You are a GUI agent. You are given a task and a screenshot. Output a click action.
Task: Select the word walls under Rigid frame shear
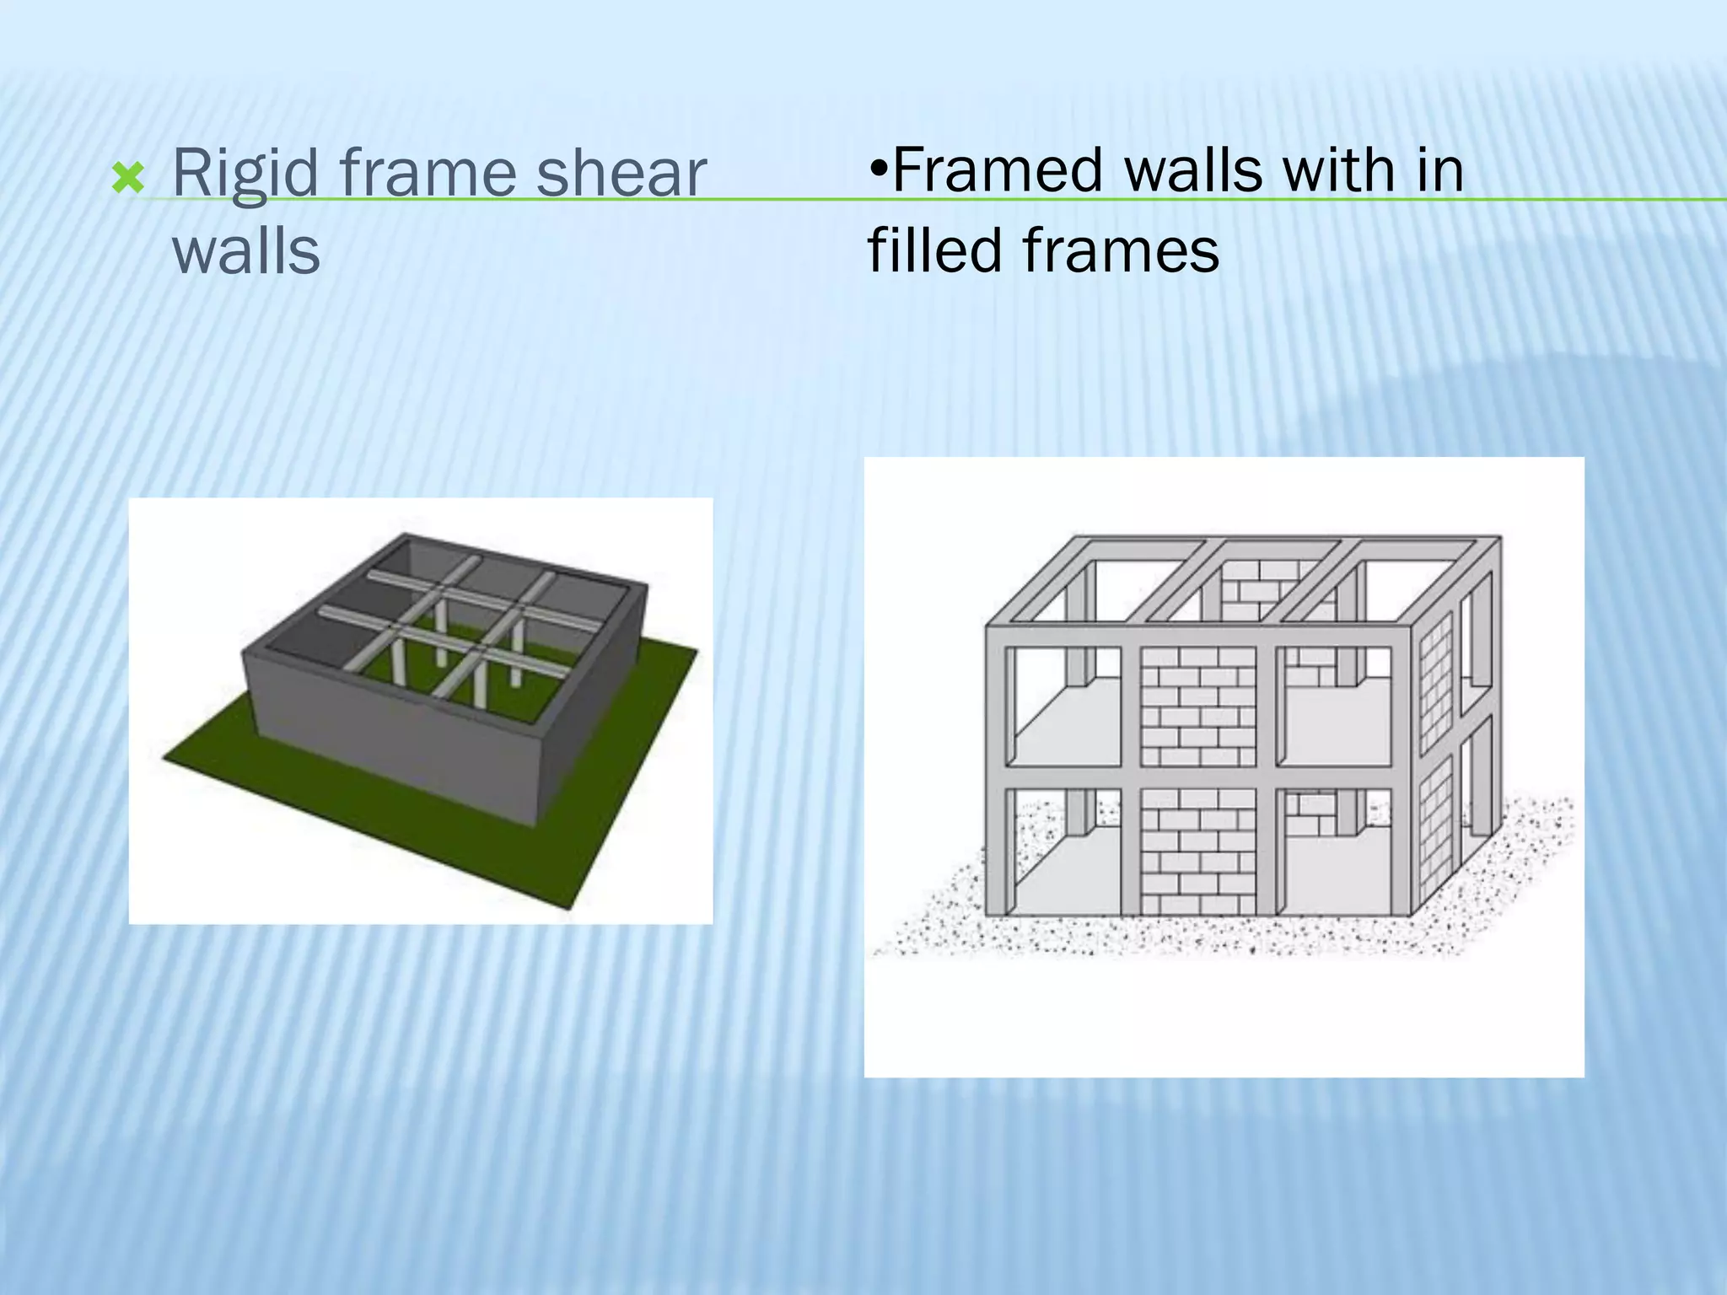(x=246, y=250)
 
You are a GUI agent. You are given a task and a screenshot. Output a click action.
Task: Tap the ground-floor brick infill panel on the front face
(x=1198, y=852)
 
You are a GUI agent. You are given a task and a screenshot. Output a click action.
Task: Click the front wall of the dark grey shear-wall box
(x=388, y=733)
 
